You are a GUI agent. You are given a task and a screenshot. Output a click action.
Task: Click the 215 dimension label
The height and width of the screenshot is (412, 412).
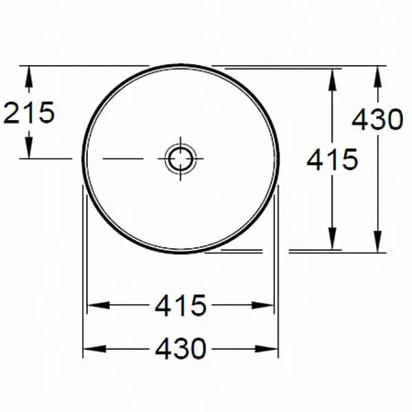[x=29, y=113]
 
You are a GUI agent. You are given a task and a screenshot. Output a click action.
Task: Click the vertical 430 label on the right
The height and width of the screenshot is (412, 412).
[x=377, y=119]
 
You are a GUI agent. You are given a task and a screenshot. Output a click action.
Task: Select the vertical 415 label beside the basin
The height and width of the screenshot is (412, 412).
[x=332, y=159]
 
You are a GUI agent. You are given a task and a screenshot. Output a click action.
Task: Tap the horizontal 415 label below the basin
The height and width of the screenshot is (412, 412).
[x=180, y=305]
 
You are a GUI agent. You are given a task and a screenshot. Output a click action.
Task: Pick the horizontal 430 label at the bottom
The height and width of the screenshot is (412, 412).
[x=180, y=348]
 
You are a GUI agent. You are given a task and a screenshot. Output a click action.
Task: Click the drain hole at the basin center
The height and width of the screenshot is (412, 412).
[x=180, y=158]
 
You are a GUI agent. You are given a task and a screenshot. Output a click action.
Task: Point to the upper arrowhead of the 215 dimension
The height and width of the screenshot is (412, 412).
[x=28, y=76]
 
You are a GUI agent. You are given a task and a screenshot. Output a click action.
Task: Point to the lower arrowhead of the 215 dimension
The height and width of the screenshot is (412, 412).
[x=28, y=148]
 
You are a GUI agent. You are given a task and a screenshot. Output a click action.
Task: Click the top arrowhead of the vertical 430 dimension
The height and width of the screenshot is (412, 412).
[x=377, y=76]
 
